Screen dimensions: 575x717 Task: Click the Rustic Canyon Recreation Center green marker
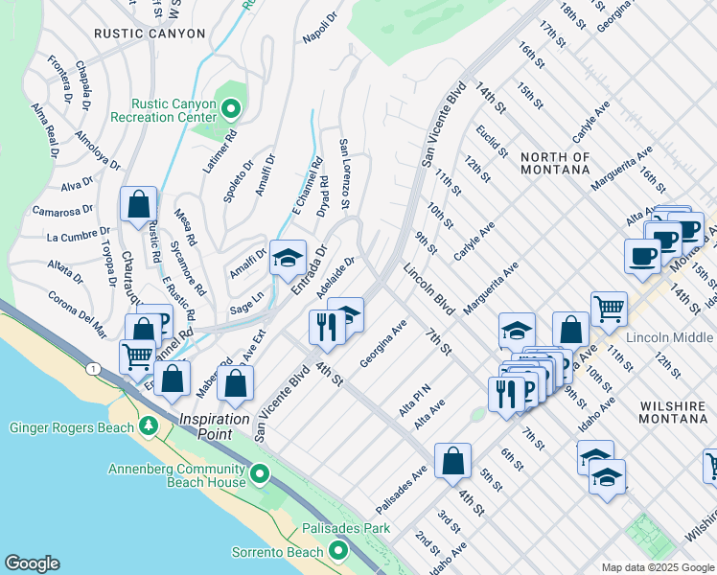(230, 109)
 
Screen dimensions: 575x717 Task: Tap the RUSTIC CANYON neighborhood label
(150, 34)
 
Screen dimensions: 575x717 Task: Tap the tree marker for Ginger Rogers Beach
(148, 425)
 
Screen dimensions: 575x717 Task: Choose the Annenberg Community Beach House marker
(258, 474)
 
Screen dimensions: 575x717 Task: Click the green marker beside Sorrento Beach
(336, 550)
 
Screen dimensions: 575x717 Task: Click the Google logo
(33, 563)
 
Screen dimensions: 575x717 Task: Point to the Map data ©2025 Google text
(657, 567)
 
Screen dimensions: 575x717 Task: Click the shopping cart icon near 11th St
(608, 308)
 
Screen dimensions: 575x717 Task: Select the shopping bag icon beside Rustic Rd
(139, 203)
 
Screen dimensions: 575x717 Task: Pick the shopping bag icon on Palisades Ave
(451, 460)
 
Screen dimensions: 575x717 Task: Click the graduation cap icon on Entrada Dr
(288, 257)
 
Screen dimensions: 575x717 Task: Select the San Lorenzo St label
(343, 175)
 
